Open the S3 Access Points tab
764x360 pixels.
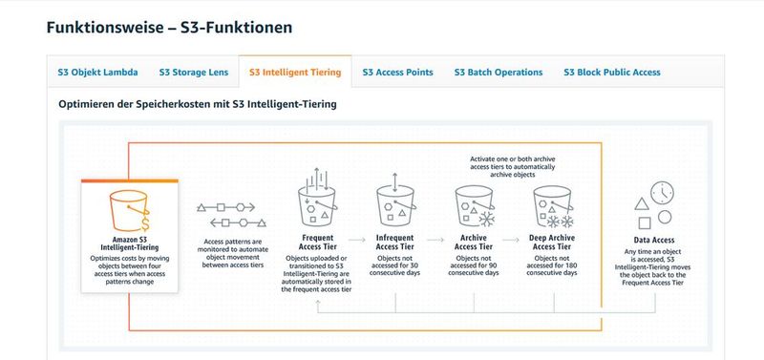(397, 72)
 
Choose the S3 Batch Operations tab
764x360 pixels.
(499, 72)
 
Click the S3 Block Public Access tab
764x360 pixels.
(611, 72)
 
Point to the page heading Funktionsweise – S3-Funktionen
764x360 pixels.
(169, 27)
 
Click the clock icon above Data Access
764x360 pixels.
(662, 194)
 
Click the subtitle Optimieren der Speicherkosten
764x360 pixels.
(198, 103)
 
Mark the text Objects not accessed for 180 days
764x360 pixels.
(556, 265)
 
